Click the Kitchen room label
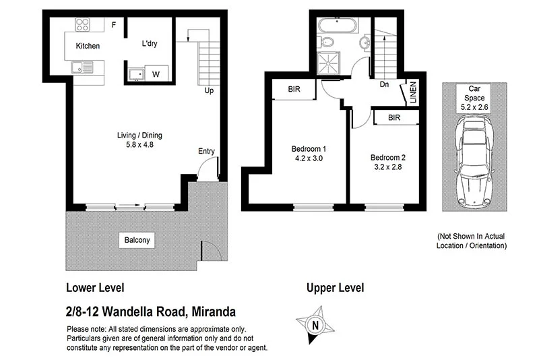pyautogui.click(x=88, y=47)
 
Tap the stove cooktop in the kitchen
pyautogui.click(x=84, y=25)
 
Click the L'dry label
pyautogui.click(x=149, y=44)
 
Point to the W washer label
pyautogui.click(x=156, y=73)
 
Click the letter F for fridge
pyautogui.click(x=114, y=26)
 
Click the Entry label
pyautogui.click(x=205, y=152)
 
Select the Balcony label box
pyautogui.click(x=137, y=240)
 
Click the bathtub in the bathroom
pyautogui.click(x=338, y=26)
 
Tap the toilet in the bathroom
pyautogui.click(x=328, y=44)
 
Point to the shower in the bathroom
pyautogui.click(x=330, y=65)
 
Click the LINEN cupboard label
pyautogui.click(x=412, y=93)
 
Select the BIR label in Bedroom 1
pyautogui.click(x=294, y=89)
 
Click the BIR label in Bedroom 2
pyautogui.click(x=395, y=117)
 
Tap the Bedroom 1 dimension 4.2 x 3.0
pyautogui.click(x=309, y=159)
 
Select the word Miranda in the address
pyautogui.click(x=214, y=311)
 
